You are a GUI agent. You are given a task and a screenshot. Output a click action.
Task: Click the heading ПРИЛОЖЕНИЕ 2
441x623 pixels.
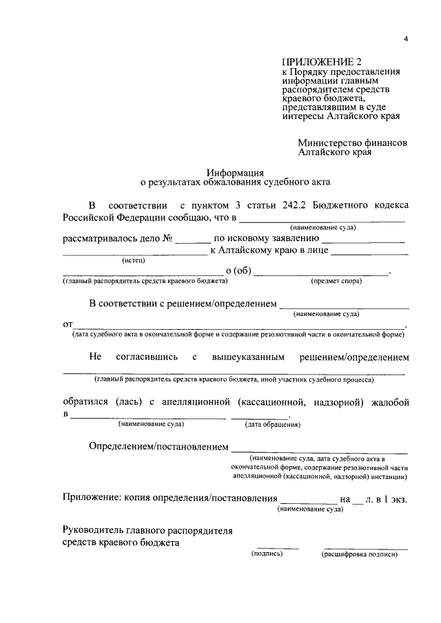coord(317,62)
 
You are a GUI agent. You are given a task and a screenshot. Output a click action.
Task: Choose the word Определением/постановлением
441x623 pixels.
coord(158,447)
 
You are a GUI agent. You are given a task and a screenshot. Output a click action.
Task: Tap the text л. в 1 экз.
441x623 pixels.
coord(387,498)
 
